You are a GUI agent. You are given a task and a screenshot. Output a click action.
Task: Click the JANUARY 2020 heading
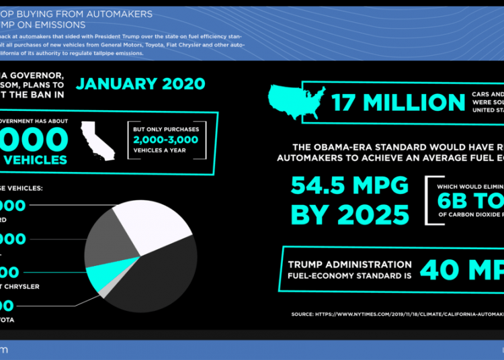tap(140, 84)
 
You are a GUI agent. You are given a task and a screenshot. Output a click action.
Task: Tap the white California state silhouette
tap(95, 137)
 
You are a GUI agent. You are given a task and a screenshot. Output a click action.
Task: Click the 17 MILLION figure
tap(398, 103)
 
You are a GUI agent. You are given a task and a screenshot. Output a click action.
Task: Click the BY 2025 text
tap(349, 215)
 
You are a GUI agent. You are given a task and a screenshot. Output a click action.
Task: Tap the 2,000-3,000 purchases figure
tap(165, 140)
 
